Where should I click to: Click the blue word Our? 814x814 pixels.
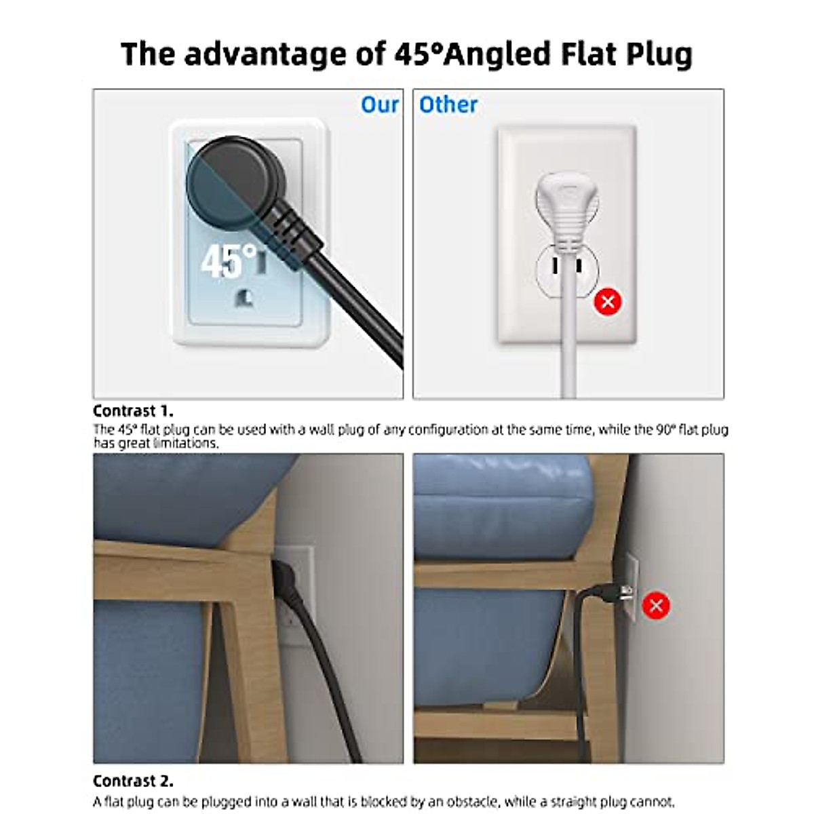click(379, 105)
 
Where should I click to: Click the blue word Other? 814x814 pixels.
click(448, 105)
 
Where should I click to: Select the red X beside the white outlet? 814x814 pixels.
click(608, 301)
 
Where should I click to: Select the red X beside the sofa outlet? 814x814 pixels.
click(656, 605)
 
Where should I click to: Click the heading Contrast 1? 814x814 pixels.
click(133, 411)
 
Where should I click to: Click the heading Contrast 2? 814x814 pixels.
click(133, 781)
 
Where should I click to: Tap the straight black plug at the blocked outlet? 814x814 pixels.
click(607, 592)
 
